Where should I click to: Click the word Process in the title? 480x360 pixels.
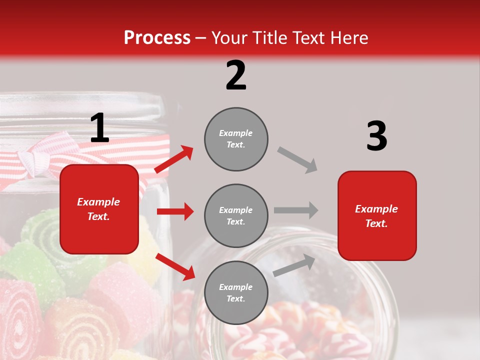pyautogui.click(x=157, y=37)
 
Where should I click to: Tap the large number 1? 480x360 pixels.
pyautogui.click(x=99, y=128)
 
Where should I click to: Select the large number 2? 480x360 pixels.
pyautogui.click(x=236, y=75)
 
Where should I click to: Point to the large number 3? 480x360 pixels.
pyautogui.click(x=376, y=136)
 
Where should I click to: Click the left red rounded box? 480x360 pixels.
pyautogui.click(x=99, y=209)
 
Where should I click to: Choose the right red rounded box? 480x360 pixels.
pyautogui.click(x=377, y=215)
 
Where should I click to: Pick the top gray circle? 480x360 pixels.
pyautogui.click(x=236, y=139)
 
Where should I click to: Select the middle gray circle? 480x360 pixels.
pyautogui.click(x=236, y=215)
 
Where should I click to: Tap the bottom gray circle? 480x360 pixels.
pyautogui.click(x=236, y=292)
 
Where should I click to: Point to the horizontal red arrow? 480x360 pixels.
pyautogui.click(x=175, y=211)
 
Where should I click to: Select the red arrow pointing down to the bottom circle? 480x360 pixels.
pyautogui.click(x=175, y=266)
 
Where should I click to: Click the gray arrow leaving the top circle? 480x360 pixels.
pyautogui.click(x=297, y=159)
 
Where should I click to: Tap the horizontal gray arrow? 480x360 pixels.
pyautogui.click(x=295, y=210)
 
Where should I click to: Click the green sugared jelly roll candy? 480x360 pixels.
pyautogui.click(x=42, y=230)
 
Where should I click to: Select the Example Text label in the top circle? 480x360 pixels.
pyautogui.click(x=236, y=139)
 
